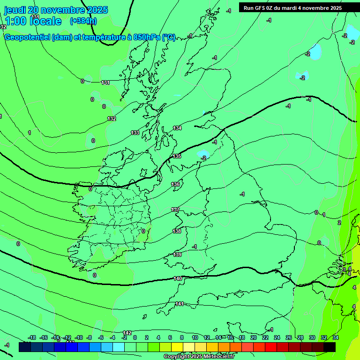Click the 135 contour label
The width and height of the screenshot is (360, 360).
pyautogui.click(x=177, y=156)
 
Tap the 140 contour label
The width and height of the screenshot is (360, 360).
pyautogui.click(x=178, y=278)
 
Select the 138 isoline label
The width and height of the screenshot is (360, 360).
pyautogui.click(x=177, y=231)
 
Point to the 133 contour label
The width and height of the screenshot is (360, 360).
pyautogui.click(x=135, y=133)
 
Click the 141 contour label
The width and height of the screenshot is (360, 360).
pyautogui.click(x=179, y=304)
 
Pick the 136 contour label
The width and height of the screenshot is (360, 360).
pyautogui.click(x=175, y=184)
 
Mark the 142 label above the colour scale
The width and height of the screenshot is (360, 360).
pyautogui.click(x=127, y=332)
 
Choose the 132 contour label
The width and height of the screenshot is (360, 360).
pyautogui.click(x=112, y=119)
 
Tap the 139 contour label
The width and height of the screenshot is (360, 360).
pyautogui.click(x=177, y=255)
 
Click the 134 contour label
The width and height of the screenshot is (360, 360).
pyautogui.click(x=177, y=128)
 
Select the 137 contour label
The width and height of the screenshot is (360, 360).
pyautogui.click(x=175, y=210)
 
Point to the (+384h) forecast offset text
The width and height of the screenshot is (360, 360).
pyautogui.click(x=83, y=21)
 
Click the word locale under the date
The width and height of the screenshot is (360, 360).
pyautogui.click(x=45, y=21)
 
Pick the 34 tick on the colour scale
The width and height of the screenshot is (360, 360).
pyautogui.click(x=336, y=337)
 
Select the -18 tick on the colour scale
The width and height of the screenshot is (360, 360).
pyautogui.click(x=32, y=337)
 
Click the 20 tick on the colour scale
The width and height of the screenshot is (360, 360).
pyautogui.click(x=253, y=337)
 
